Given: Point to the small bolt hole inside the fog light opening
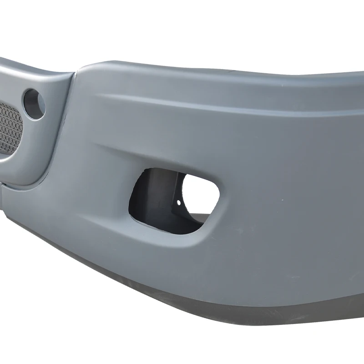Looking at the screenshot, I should (178, 202).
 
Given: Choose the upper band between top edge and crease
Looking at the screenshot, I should (227, 82).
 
